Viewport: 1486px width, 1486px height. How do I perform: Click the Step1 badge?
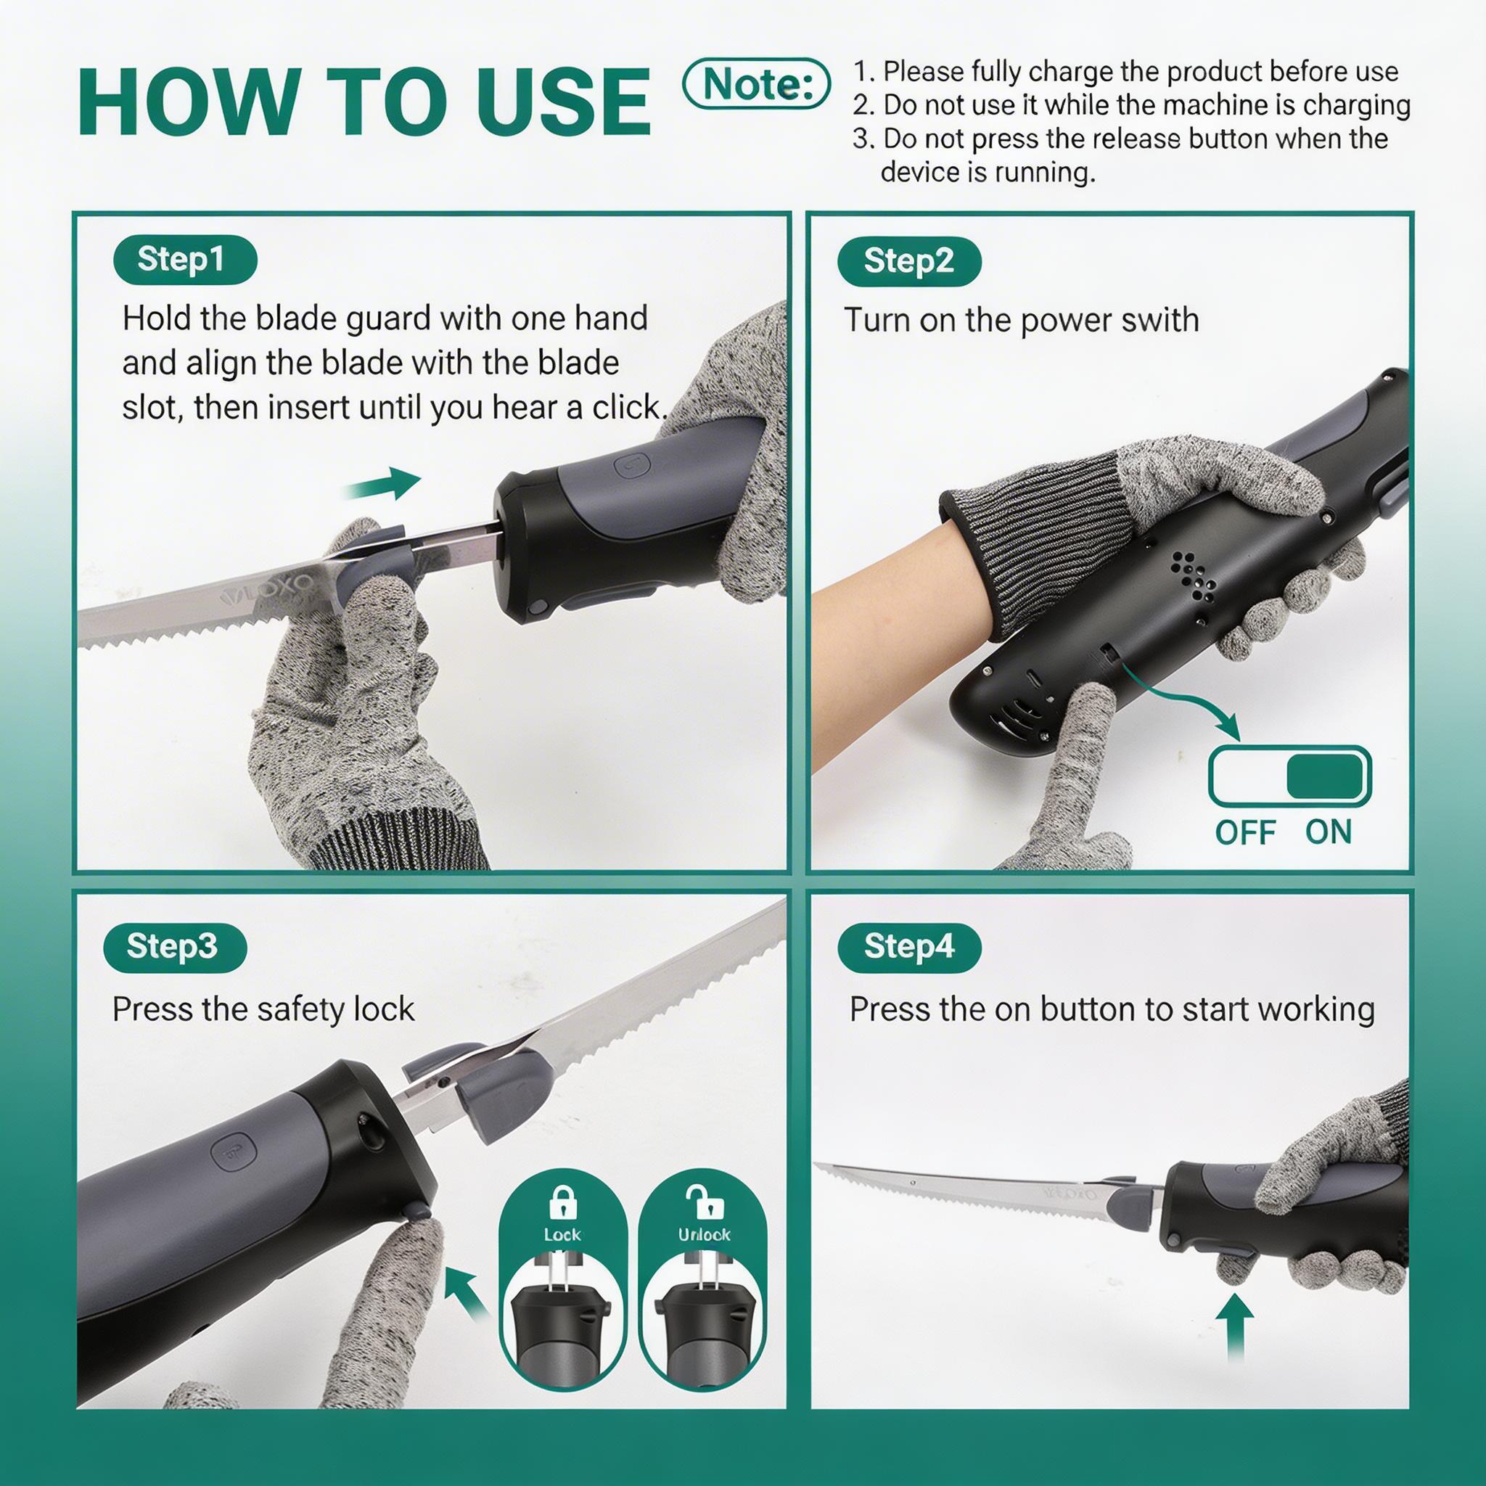tap(184, 260)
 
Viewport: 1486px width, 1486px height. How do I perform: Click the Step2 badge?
tap(909, 261)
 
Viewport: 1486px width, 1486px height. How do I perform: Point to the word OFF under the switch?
tap(1245, 832)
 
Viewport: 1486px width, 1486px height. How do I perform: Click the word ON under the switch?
tap(1329, 832)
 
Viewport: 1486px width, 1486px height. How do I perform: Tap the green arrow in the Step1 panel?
tap(382, 484)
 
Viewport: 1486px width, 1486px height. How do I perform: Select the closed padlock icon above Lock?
tap(563, 1202)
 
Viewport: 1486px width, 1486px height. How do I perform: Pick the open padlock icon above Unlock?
tap(702, 1202)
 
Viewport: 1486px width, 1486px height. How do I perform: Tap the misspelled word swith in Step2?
tap(1154, 320)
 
